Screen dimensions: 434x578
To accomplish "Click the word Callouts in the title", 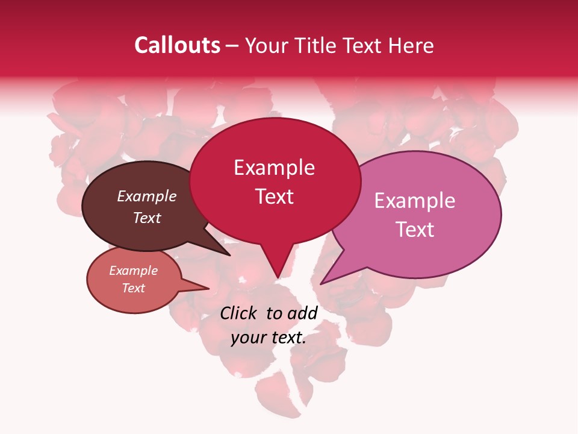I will (x=177, y=45).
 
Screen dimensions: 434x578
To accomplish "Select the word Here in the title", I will (x=411, y=45).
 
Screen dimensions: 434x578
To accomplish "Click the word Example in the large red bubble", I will (x=274, y=168).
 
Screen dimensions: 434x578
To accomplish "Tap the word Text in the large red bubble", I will (x=274, y=197).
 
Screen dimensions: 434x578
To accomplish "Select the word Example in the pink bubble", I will (x=414, y=201).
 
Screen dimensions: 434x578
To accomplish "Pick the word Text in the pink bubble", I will (x=414, y=230).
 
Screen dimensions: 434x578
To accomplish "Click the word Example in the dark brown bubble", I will (x=146, y=196).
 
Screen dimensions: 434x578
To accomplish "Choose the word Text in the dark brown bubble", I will (x=146, y=218).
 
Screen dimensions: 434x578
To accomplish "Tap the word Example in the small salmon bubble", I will (x=133, y=271).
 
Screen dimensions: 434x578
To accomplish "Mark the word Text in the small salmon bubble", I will (x=133, y=288).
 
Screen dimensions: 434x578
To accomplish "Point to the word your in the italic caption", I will (x=247, y=338).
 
